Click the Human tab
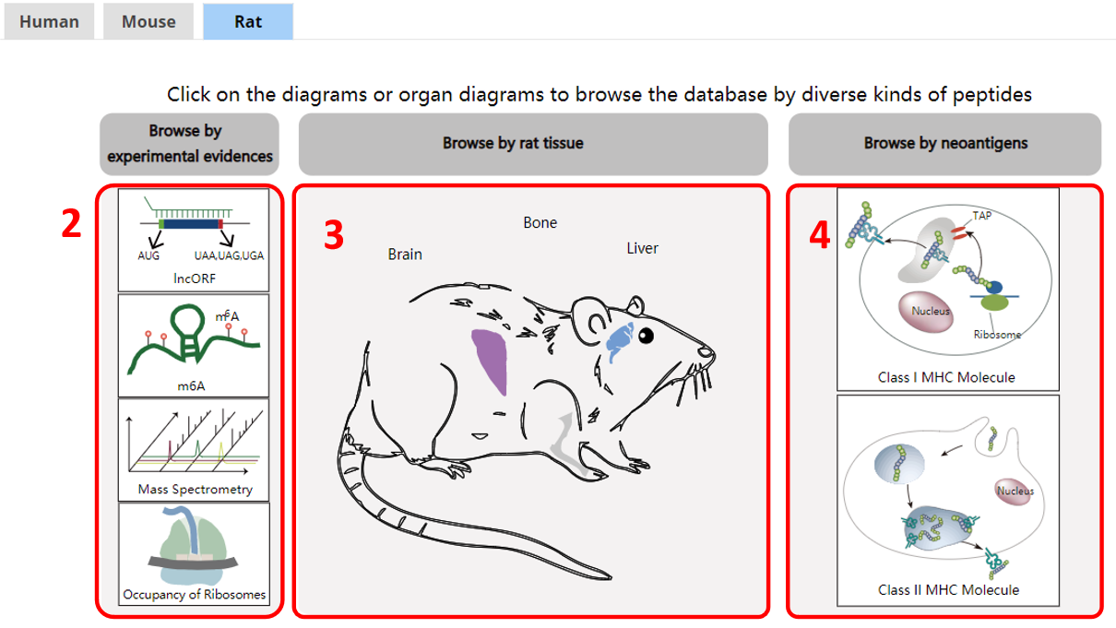click(x=49, y=21)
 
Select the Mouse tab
click(x=148, y=21)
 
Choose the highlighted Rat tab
click(x=248, y=21)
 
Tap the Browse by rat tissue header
click(x=533, y=144)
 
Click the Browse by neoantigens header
click(x=945, y=144)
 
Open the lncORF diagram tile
click(x=194, y=240)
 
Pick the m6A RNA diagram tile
click(x=194, y=345)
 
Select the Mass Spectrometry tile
click(x=194, y=450)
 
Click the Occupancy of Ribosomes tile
click(x=194, y=554)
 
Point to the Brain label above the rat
click(x=405, y=255)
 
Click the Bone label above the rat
click(x=540, y=222)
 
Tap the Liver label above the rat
click(x=642, y=248)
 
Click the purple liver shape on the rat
click(x=492, y=359)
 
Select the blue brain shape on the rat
click(x=619, y=339)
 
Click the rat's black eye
click(x=647, y=337)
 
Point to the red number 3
click(x=334, y=234)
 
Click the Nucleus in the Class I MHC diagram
click(x=926, y=312)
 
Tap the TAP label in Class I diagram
click(x=981, y=216)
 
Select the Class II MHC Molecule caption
click(x=948, y=590)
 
